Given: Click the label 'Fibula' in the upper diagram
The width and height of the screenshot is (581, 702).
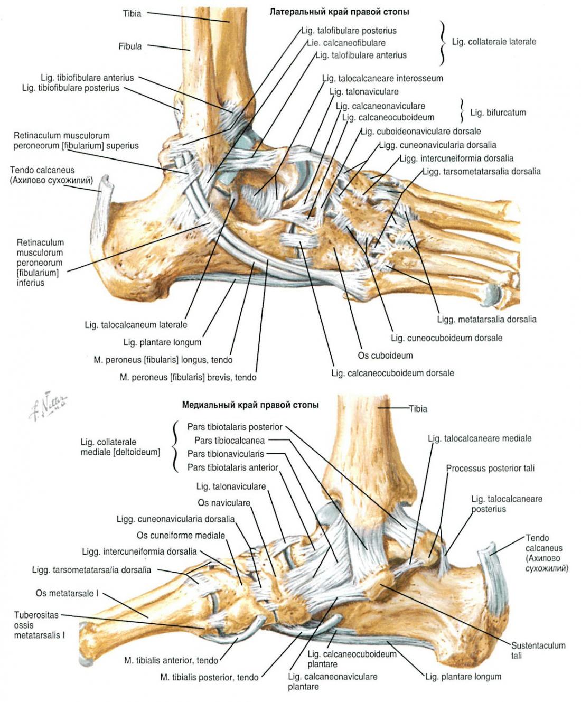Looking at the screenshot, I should pyautogui.click(x=130, y=46).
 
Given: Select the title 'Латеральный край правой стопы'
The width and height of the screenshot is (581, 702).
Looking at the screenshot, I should pyautogui.click(x=339, y=12).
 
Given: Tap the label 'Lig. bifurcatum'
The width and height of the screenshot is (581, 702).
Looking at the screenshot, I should pyautogui.click(x=498, y=113).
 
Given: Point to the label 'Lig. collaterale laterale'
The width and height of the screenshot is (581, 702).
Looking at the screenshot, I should pyautogui.click(x=493, y=42).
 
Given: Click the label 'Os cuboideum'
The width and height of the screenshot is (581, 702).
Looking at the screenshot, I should pyautogui.click(x=385, y=355).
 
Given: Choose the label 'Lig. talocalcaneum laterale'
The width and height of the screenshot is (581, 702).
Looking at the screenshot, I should pyautogui.click(x=136, y=325).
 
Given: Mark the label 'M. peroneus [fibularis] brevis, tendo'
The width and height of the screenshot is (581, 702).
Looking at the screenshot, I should pyautogui.click(x=188, y=377).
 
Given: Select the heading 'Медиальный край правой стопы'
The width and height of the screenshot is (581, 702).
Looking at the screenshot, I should pyautogui.click(x=250, y=405).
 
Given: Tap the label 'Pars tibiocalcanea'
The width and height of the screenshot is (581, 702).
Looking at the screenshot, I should pyautogui.click(x=229, y=440).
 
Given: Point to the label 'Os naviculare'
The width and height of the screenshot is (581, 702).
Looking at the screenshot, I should pyautogui.click(x=223, y=503).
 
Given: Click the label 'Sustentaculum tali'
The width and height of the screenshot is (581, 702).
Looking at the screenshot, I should pyautogui.click(x=538, y=650).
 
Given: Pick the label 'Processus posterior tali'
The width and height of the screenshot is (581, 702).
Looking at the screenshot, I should pyautogui.click(x=490, y=468).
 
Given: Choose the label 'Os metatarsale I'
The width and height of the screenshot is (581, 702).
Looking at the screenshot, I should pyautogui.click(x=67, y=593).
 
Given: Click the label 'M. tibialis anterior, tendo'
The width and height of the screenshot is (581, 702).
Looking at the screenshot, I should pyautogui.click(x=171, y=660).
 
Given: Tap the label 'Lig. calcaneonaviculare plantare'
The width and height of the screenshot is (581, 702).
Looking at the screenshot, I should pyautogui.click(x=332, y=681).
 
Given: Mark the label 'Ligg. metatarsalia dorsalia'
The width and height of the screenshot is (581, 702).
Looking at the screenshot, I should pyautogui.click(x=486, y=319).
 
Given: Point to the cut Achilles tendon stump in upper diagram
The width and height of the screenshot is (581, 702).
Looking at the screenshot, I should pyautogui.click(x=102, y=211).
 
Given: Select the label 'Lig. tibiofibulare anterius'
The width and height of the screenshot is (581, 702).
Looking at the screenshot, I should pyautogui.click(x=87, y=78).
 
